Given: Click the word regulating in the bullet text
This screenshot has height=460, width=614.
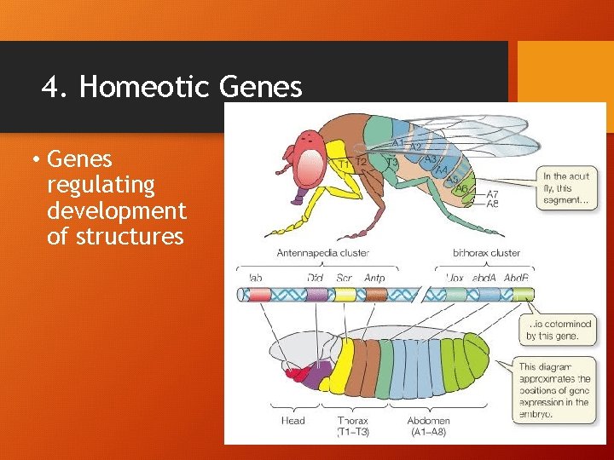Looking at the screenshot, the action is pyautogui.click(x=101, y=184).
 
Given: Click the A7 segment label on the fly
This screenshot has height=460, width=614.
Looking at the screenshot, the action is pyautogui.click(x=492, y=194).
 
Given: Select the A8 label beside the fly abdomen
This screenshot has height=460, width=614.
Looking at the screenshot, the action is pyautogui.click(x=492, y=204).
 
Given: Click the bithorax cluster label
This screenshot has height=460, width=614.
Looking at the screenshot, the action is pyautogui.click(x=486, y=252).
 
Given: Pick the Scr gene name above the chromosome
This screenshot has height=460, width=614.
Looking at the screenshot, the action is pyautogui.click(x=345, y=278).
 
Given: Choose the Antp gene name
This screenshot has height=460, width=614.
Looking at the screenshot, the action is pyautogui.click(x=374, y=278).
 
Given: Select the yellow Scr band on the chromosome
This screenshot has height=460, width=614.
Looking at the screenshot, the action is pyautogui.click(x=345, y=294).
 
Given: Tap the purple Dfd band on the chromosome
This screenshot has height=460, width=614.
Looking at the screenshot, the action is pyautogui.click(x=316, y=294).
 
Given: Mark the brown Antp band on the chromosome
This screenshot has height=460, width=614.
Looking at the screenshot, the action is pyautogui.click(x=376, y=294).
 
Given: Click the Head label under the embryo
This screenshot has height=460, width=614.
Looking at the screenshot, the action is pyautogui.click(x=293, y=420).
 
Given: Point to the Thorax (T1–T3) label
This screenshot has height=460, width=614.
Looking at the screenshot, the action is pyautogui.click(x=352, y=425).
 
